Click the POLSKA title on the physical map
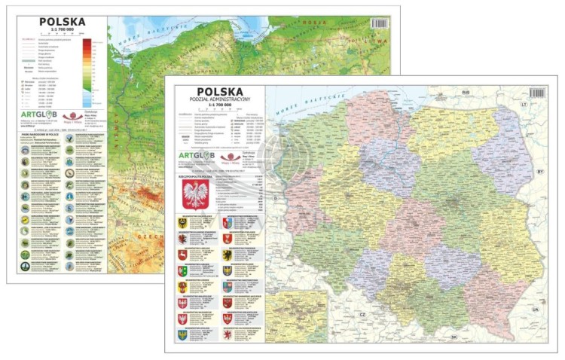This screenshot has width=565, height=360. point(62,23)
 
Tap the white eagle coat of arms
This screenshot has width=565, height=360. point(197,194)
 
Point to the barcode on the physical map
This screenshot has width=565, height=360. point(380,23)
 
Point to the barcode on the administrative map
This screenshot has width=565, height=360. point(536,93)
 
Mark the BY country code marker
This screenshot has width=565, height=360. point(539,172)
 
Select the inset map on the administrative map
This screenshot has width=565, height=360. point(296,316)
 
